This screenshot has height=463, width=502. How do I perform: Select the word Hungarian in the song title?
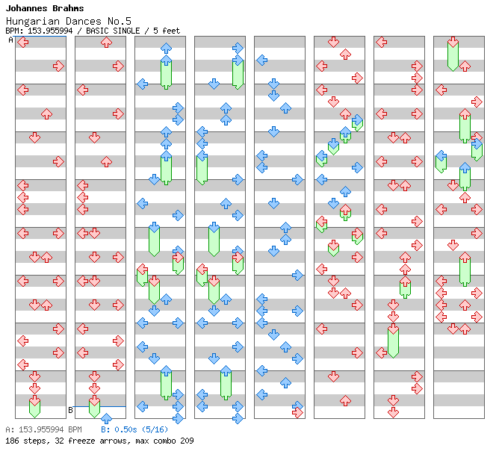[33, 21]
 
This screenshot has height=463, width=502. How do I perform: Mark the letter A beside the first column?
[10, 40]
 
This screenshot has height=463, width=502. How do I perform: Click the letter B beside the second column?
[70, 410]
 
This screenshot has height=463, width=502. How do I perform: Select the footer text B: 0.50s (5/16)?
[134, 429]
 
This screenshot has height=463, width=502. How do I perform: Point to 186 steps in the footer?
[23, 441]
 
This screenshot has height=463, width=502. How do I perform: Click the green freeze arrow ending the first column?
[34, 407]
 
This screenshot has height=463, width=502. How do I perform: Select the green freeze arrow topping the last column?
[453, 54]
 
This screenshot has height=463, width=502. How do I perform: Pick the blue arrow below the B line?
[106, 418]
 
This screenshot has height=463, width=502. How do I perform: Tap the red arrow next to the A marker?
[23, 43]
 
